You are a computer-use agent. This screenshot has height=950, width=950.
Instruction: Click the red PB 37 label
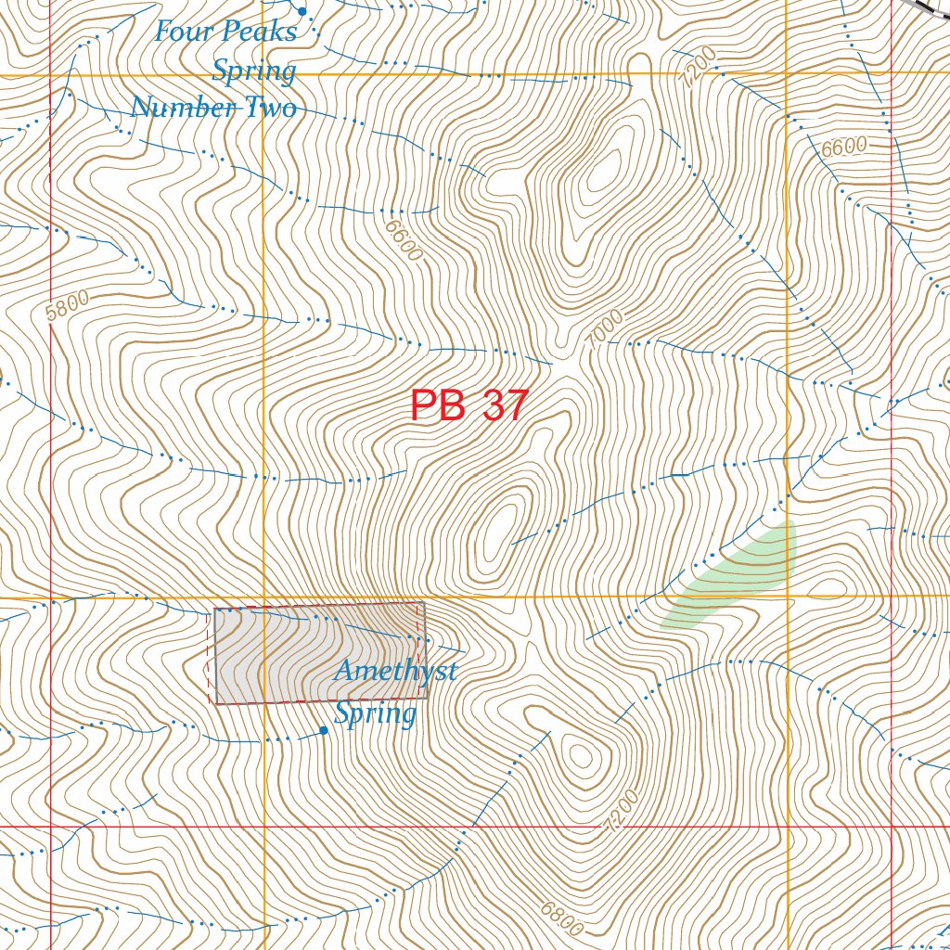click(x=469, y=406)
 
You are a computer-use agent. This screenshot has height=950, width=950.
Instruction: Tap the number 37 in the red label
click(x=505, y=406)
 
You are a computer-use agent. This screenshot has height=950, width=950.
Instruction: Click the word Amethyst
click(x=395, y=671)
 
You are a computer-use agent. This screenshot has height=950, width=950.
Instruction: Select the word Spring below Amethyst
click(x=375, y=713)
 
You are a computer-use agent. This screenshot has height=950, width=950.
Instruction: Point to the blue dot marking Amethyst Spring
click(x=323, y=730)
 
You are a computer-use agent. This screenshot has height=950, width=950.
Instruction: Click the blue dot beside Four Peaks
click(x=302, y=11)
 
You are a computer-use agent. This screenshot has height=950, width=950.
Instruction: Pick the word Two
click(x=270, y=108)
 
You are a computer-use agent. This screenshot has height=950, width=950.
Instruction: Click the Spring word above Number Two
click(x=254, y=71)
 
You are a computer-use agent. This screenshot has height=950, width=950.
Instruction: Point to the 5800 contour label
click(x=67, y=305)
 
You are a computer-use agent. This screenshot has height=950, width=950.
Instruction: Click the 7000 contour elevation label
click(x=605, y=329)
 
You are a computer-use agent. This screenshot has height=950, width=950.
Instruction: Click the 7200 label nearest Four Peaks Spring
click(x=698, y=67)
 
